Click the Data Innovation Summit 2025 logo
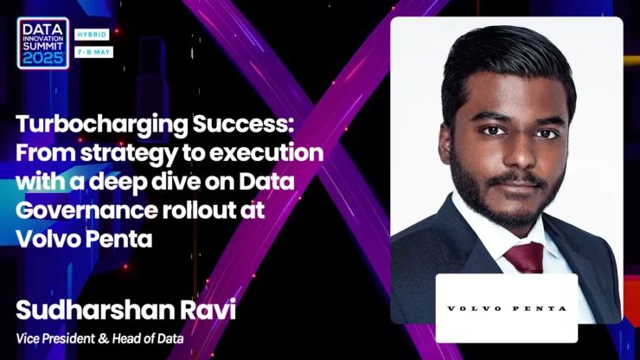43,43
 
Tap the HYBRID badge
92,35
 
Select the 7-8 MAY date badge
94,52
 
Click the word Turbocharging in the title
102,125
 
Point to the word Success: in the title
243,124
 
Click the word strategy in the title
129,154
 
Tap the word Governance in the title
86,210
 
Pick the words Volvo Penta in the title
84,239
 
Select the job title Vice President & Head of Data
99,338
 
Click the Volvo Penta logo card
507,309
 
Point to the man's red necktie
525,257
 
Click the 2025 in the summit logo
43,59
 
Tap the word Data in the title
266,181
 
